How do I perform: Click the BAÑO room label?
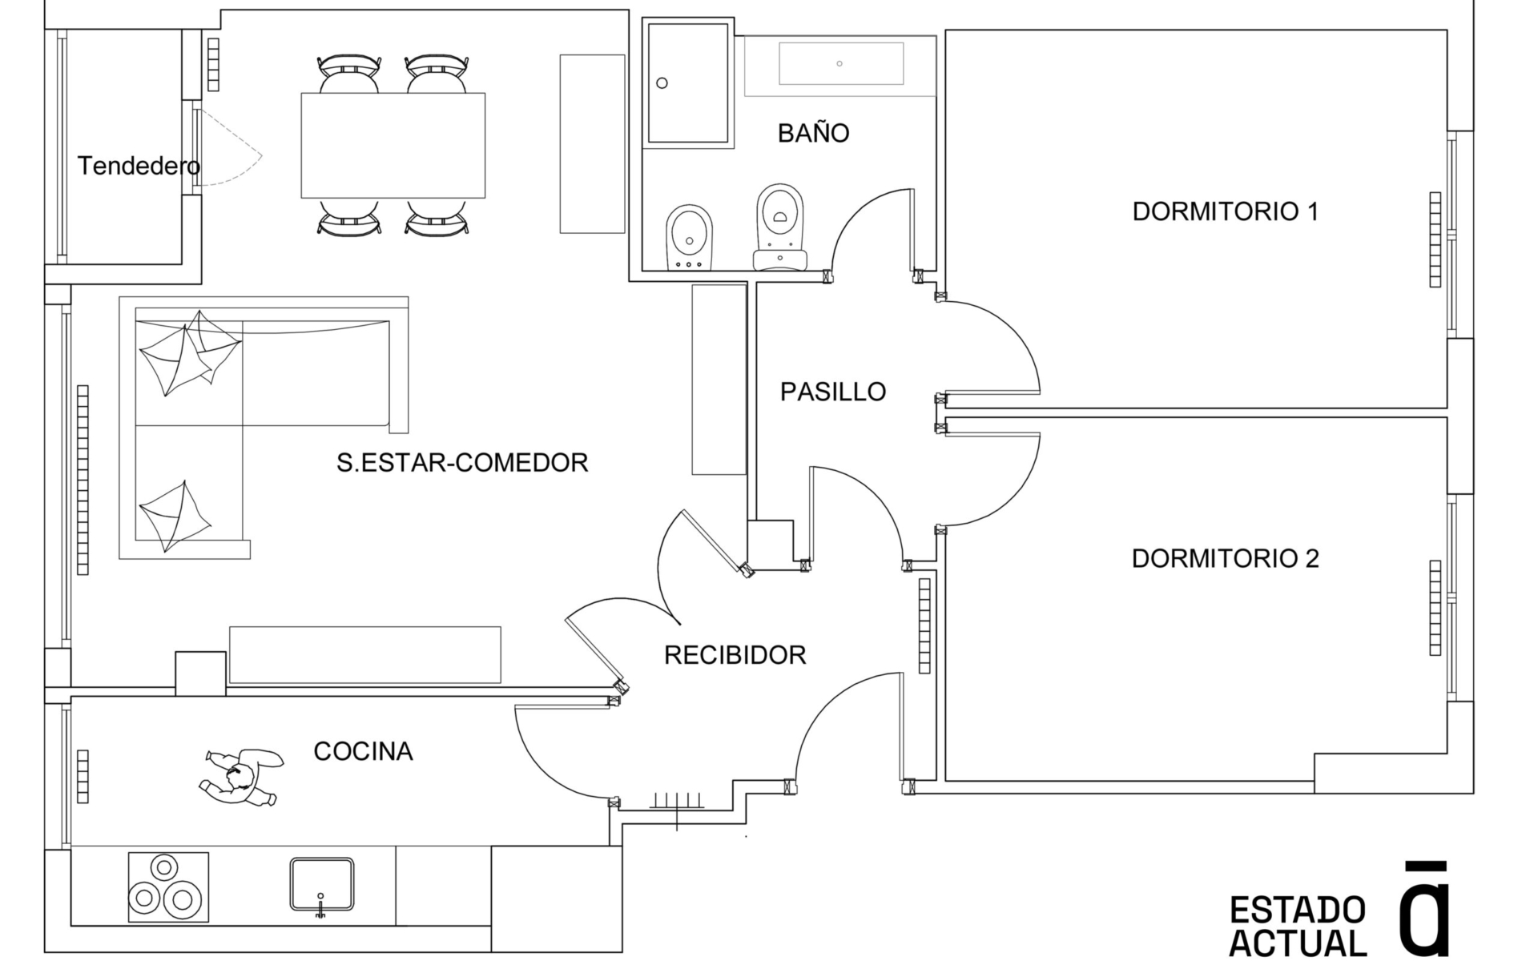(813, 133)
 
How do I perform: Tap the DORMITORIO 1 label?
(1225, 211)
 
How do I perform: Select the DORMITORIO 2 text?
(1225, 558)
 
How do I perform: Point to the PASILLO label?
(833, 392)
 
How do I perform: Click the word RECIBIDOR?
(735, 655)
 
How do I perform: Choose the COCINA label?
(363, 751)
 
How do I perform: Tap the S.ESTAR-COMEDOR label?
(462, 462)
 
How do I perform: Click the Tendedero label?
(139, 166)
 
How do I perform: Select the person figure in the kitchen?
(240, 777)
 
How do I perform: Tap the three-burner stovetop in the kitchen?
(168, 887)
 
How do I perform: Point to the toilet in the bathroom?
(779, 227)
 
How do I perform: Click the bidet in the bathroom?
(689, 237)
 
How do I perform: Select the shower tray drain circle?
(662, 83)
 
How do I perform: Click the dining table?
(393, 145)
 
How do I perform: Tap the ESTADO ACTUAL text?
(1298, 926)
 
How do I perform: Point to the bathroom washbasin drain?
(839, 63)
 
